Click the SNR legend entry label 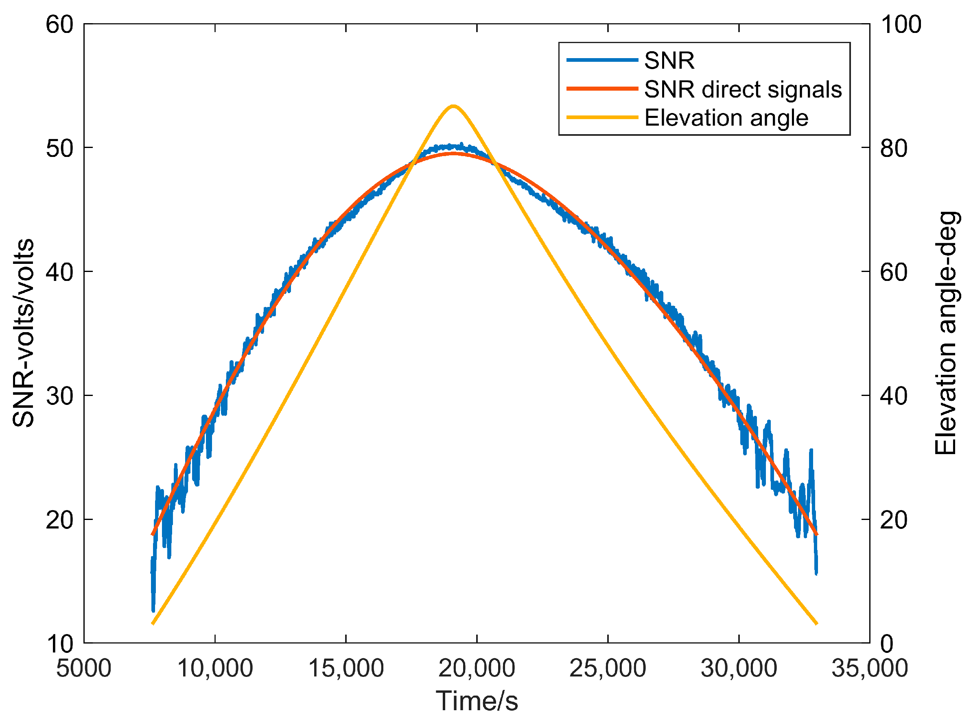tap(669, 60)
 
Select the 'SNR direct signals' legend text tap(743, 89)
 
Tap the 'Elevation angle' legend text tap(726, 117)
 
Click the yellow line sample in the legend tap(602, 117)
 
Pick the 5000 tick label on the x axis tap(83, 668)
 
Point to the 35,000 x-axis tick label tap(869, 668)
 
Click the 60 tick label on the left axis tap(59, 24)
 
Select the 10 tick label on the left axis tap(59, 644)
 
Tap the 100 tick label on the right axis tap(900, 24)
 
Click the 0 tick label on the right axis tap(887, 644)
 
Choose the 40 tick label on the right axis tap(893, 396)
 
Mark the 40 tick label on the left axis tap(59, 272)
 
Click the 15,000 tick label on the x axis tap(346, 668)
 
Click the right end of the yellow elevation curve tap(816, 624)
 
